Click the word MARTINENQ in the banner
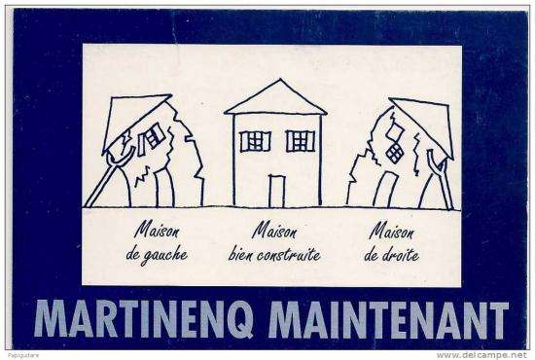pos(143,319)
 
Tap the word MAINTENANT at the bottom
pos(388,319)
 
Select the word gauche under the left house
pos(164,256)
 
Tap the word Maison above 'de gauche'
pos(157,230)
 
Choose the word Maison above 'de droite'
pos(391,231)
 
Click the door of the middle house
pos(276,191)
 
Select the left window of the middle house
pos(255,141)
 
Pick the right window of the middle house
pos(301,141)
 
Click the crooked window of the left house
pos(151,139)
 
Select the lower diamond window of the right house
pos(394,153)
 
